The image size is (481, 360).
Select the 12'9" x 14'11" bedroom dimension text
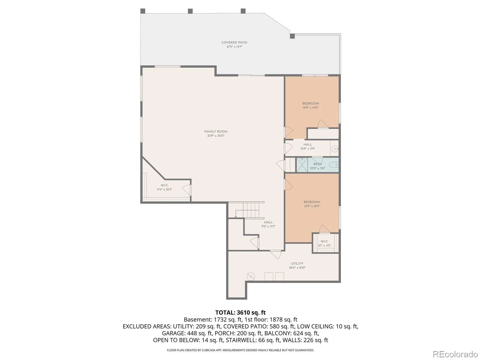310,107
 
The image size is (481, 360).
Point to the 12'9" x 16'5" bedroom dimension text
312,206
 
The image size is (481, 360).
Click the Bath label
317,164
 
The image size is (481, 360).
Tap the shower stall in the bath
302,164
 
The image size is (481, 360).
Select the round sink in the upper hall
335,149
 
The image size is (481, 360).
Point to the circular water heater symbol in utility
251,277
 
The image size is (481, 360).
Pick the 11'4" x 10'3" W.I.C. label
164,187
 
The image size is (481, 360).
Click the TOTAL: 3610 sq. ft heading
240,312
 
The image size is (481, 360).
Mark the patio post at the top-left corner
143,11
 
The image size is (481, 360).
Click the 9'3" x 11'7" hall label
268,224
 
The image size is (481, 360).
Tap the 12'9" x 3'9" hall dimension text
308,148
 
